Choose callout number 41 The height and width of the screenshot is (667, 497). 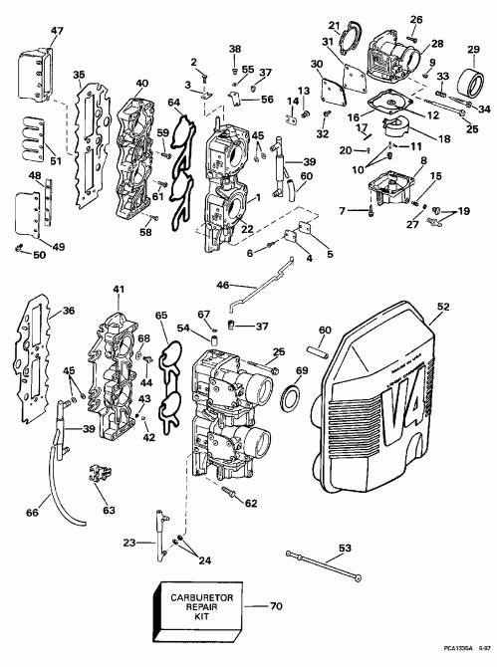[x=119, y=290]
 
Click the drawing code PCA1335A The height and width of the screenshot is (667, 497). [x=452, y=653]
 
